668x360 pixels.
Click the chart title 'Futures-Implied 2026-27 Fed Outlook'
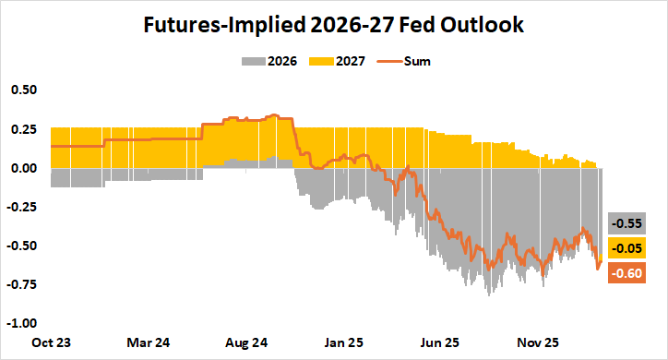333,26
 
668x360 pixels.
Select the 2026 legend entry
268,62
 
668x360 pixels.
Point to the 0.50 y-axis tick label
24,90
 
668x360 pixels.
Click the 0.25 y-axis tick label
24,129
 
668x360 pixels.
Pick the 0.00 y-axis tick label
24,168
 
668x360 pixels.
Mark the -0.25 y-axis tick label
22,207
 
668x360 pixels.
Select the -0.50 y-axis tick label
22,246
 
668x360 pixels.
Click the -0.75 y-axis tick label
22,284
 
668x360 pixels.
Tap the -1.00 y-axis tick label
22,323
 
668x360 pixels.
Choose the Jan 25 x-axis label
343,342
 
